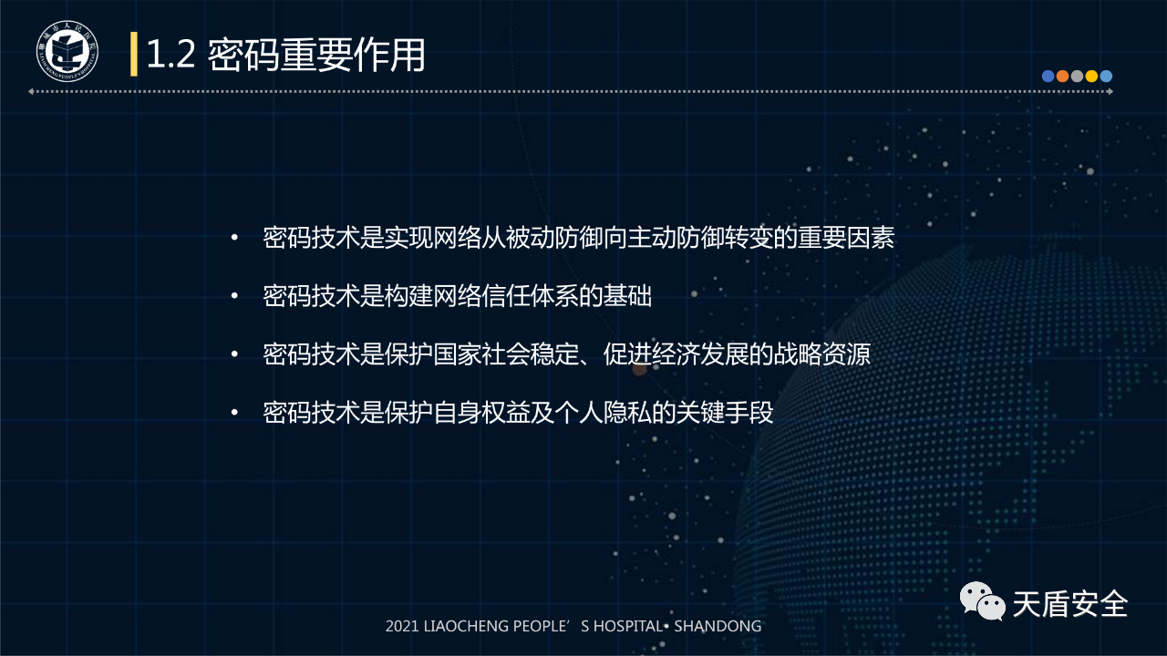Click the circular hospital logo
(x=67, y=51)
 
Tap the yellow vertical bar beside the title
(x=134, y=54)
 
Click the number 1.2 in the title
(x=170, y=54)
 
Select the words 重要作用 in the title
(x=353, y=55)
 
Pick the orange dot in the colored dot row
(x=1062, y=77)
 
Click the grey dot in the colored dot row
(x=1077, y=77)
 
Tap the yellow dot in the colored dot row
(x=1091, y=77)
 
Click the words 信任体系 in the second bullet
(x=530, y=296)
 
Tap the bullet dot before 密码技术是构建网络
(x=234, y=296)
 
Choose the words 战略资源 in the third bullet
(x=822, y=354)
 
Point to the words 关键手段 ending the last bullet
(x=725, y=413)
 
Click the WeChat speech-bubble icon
(x=983, y=601)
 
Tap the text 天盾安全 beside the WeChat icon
(x=1070, y=604)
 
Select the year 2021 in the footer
(x=402, y=626)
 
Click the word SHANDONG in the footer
(x=718, y=626)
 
